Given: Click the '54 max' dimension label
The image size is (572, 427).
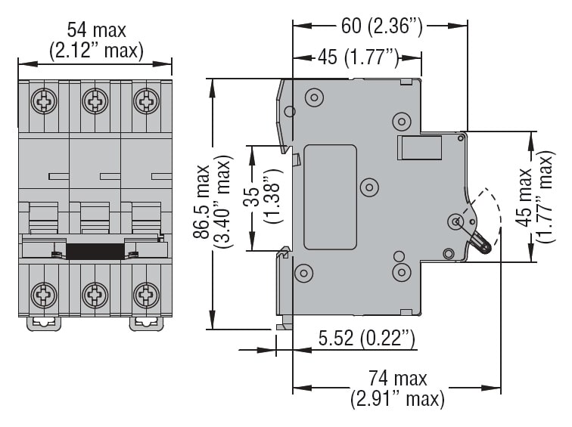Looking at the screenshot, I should tap(96, 30).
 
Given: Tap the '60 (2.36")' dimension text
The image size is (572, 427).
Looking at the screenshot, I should tap(381, 26).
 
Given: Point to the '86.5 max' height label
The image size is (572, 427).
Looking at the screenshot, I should tap(201, 202).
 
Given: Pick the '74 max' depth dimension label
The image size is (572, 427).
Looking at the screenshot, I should tap(398, 378).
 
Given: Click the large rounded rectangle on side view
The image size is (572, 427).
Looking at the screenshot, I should tap(330, 197).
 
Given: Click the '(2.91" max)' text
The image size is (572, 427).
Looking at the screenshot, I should tap(398, 398).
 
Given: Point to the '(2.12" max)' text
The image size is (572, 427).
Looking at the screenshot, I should tap(96, 51).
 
